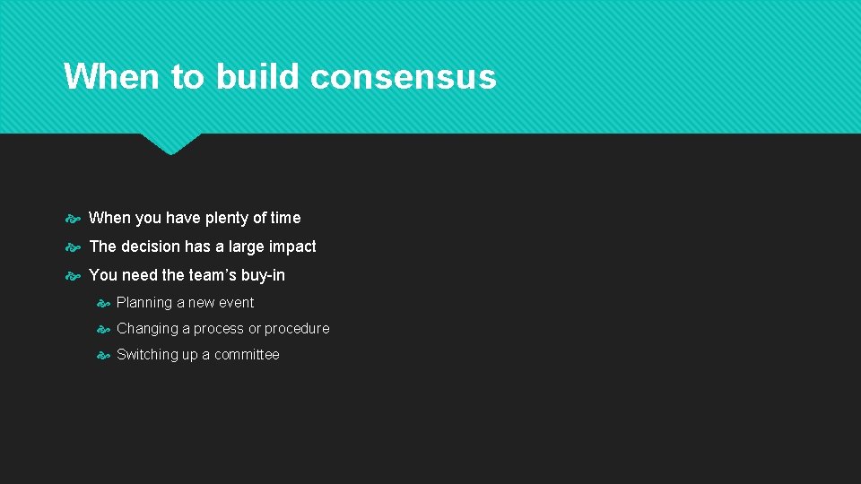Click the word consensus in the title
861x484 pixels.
(x=403, y=77)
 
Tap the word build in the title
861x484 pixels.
(x=257, y=77)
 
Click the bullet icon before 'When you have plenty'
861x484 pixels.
(x=74, y=218)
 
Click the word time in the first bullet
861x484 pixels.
(x=285, y=218)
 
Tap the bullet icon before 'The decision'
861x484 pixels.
(x=74, y=246)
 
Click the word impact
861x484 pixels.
(x=292, y=246)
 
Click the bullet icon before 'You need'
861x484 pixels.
(x=74, y=275)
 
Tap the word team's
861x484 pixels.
(x=212, y=275)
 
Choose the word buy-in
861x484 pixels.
(x=263, y=275)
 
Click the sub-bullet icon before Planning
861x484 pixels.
(x=103, y=303)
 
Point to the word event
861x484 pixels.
(x=236, y=303)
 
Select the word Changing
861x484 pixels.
(x=145, y=329)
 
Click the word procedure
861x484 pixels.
(x=298, y=329)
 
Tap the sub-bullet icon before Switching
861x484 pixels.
(x=103, y=355)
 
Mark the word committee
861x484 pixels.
(x=247, y=355)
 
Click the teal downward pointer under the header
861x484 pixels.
(x=170, y=143)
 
